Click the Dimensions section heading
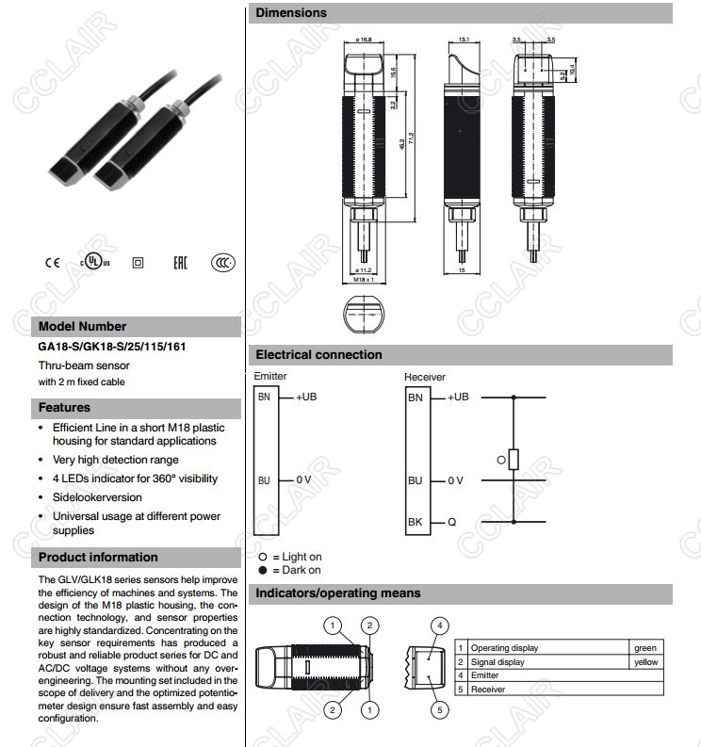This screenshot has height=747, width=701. click(x=292, y=13)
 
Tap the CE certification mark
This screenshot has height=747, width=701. click(x=52, y=263)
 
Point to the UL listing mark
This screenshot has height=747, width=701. click(x=94, y=262)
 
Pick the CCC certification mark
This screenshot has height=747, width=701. click(x=222, y=263)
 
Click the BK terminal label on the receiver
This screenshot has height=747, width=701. click(x=416, y=522)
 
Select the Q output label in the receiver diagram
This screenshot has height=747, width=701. click(x=453, y=522)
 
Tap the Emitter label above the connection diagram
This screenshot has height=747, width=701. click(x=271, y=376)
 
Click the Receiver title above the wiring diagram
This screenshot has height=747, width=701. click(x=425, y=377)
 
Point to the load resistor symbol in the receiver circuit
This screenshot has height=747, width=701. click(x=514, y=460)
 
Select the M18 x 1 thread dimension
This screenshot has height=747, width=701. click(x=364, y=280)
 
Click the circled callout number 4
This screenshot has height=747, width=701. click(x=439, y=625)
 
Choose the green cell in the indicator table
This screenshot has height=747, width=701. click(x=645, y=648)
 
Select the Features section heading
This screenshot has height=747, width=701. click(x=65, y=408)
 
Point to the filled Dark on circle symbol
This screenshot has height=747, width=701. click(x=264, y=570)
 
